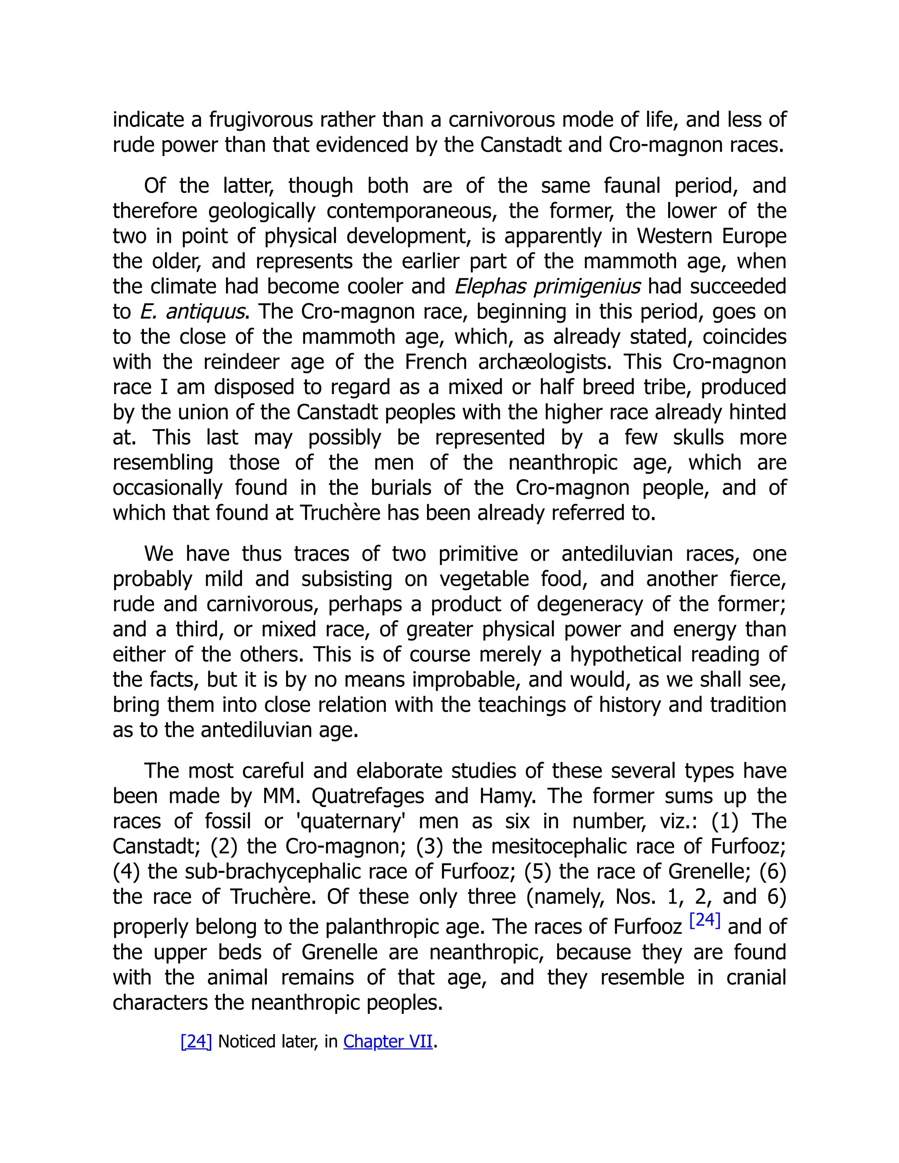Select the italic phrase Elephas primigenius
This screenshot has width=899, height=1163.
coord(547,287)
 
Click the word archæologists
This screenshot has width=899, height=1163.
coord(545,362)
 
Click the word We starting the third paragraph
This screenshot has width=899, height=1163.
coord(159,554)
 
